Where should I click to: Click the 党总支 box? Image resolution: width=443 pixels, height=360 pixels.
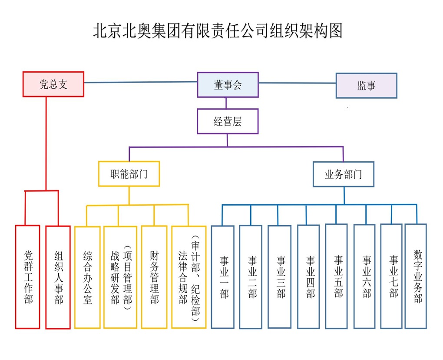coord(53,84)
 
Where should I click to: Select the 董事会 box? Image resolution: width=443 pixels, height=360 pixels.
coord(228,85)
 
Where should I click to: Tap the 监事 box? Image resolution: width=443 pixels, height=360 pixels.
coord(366,86)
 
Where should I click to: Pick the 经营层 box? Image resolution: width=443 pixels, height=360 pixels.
coord(228,121)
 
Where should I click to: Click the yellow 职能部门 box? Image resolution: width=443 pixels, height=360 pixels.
coord(129,174)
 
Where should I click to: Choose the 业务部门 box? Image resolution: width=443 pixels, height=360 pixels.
coord(343,174)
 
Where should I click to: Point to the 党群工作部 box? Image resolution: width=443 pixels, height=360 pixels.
coord(28,277)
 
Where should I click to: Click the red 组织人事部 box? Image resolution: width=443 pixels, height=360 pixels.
coord(58,277)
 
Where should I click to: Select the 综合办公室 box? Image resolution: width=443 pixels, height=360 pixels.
coord(87,277)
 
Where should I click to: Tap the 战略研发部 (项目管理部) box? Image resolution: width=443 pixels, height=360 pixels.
coord(120,277)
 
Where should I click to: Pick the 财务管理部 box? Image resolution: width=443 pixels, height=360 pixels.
coord(154,277)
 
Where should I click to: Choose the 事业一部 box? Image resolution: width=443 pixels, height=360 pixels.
coord(223,277)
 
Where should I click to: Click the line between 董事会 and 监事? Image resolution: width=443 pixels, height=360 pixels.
coord(297,83)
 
